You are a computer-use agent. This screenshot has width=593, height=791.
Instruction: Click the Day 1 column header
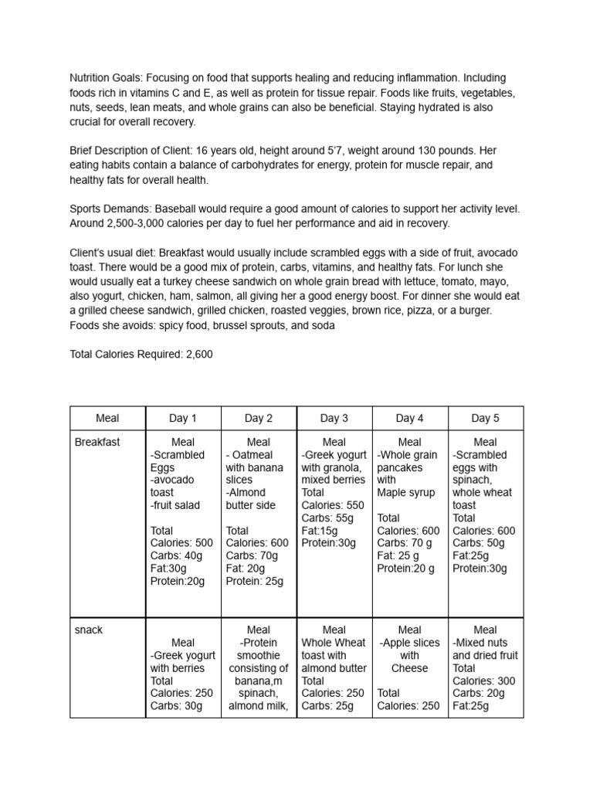pos(183,418)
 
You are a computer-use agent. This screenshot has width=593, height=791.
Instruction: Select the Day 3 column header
pos(334,418)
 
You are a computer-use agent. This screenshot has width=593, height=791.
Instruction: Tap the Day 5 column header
pos(486,418)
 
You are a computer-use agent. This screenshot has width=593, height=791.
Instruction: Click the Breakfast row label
pos(97,442)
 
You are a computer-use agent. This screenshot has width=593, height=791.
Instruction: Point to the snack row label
pos(89,630)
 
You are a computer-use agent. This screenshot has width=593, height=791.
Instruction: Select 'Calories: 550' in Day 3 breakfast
pos(332,504)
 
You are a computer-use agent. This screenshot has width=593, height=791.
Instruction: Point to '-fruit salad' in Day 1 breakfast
pos(175,504)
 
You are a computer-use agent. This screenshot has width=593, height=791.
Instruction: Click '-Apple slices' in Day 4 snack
pos(409,643)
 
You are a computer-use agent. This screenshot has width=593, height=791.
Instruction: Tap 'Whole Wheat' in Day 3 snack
pos(334,643)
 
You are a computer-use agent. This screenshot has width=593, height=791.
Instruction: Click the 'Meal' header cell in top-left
pos(107,418)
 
